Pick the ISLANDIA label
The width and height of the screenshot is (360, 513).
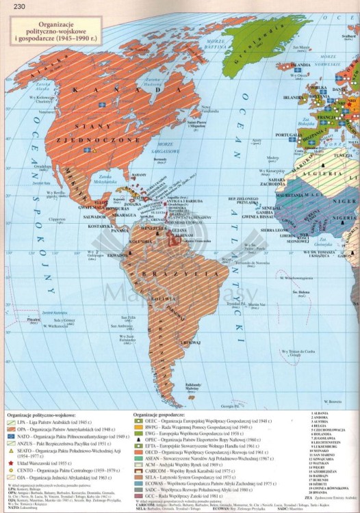click(300, 66)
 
